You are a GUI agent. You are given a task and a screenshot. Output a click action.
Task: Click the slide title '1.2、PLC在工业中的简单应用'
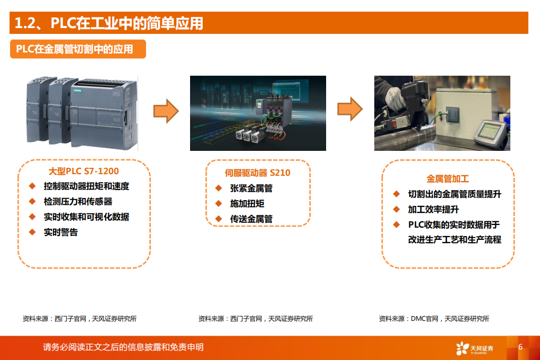coord(109,23)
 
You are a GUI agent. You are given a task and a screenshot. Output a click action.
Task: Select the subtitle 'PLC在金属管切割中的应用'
coord(74,49)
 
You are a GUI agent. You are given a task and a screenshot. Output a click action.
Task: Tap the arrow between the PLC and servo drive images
coord(166,111)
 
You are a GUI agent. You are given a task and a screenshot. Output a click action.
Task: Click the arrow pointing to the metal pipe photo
coord(350,109)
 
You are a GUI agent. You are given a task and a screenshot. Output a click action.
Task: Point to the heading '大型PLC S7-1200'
coord(84,171)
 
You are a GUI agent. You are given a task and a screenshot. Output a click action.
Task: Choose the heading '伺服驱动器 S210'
coord(257,173)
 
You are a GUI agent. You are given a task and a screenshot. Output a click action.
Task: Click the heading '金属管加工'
coord(447,179)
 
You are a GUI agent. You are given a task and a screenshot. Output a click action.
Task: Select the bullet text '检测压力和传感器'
coord(78,202)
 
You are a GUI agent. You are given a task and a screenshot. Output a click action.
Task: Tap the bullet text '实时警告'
coord(61,232)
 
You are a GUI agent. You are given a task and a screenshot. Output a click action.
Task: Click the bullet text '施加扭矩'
coord(247,203)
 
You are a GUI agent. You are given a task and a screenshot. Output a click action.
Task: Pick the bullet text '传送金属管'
coord(251,219)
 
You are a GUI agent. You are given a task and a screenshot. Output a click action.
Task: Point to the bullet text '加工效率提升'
coord(433,209)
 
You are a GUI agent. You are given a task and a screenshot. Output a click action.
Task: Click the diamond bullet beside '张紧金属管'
coord(218,188)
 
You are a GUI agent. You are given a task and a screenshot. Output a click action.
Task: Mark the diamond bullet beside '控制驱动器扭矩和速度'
coord(32,186)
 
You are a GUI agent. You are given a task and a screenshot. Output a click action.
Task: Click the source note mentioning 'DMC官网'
coord(434,319)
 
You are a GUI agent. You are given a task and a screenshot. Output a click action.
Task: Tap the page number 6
coord(520,347)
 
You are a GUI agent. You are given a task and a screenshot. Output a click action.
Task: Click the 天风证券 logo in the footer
coord(474,348)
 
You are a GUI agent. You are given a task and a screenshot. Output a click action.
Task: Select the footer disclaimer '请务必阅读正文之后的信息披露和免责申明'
coord(123,347)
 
